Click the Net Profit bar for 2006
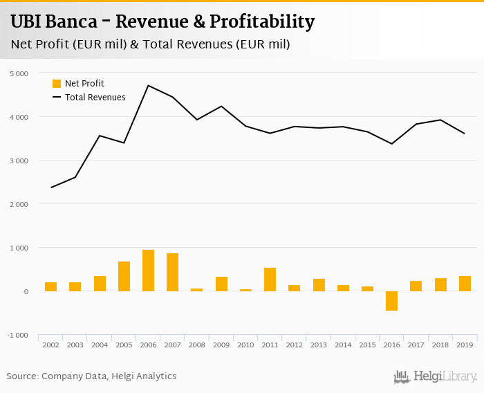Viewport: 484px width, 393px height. (148, 271)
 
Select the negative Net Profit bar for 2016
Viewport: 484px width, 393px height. (391, 301)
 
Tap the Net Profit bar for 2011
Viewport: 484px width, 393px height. (270, 280)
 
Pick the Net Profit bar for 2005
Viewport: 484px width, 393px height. (124, 276)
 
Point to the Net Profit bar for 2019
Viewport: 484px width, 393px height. (465, 284)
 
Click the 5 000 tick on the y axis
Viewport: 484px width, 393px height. (19, 73)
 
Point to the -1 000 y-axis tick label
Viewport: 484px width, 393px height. (19, 336)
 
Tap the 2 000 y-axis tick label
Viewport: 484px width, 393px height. (19, 204)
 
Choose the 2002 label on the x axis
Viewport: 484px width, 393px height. (50, 345)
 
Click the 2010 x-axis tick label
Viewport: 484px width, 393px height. (245, 345)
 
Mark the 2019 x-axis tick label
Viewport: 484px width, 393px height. (465, 345)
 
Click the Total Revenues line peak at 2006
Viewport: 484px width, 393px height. (148, 85)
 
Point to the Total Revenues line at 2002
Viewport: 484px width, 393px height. (51, 188)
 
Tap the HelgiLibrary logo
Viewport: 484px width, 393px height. (436, 377)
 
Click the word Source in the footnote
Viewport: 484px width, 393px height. (22, 376)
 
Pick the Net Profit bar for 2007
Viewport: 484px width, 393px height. (172, 272)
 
